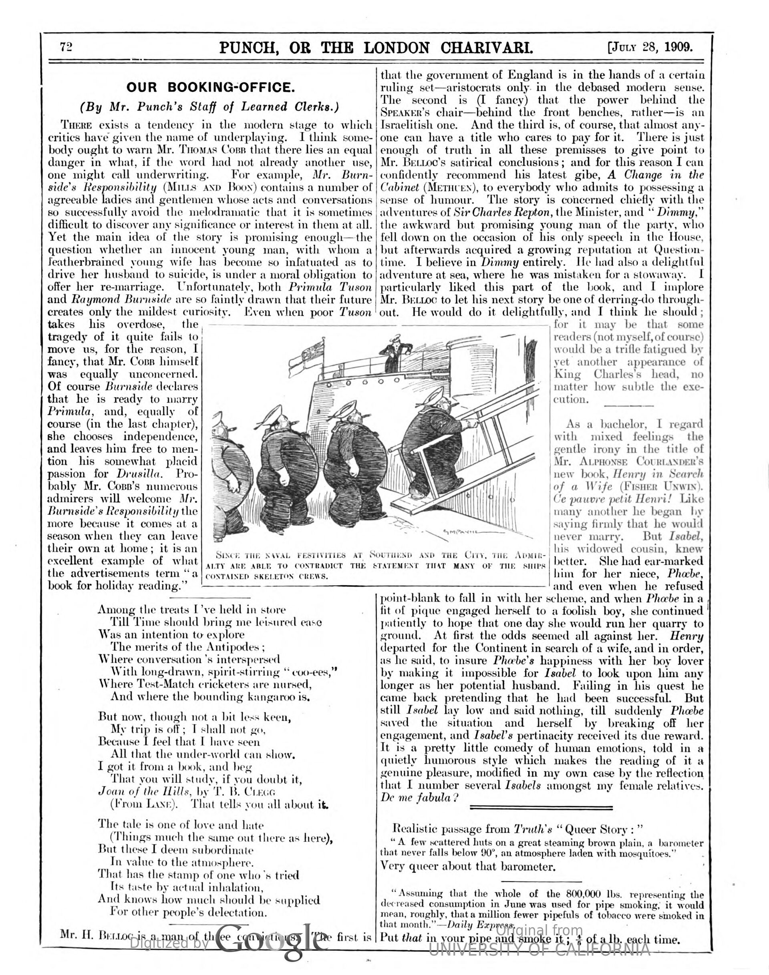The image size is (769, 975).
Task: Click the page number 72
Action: [66, 47]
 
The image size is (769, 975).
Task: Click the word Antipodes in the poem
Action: [230, 648]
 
